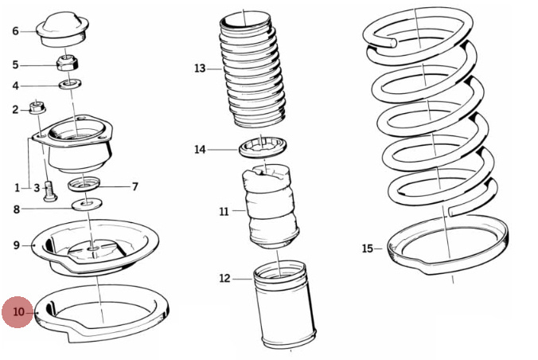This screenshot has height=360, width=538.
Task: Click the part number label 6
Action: click(15, 31)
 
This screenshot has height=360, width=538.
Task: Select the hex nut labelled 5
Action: click(67, 62)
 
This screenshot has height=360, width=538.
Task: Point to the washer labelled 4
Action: click(68, 83)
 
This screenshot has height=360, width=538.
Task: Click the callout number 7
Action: click(135, 187)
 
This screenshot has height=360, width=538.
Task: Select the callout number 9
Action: click(16, 245)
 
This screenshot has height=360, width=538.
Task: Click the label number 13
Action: click(200, 68)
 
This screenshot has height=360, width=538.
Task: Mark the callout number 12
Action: click(224, 279)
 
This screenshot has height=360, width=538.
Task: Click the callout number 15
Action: click(367, 248)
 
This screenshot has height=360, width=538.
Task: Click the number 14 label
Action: click(200, 150)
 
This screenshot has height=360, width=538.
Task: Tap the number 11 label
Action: click(224, 212)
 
